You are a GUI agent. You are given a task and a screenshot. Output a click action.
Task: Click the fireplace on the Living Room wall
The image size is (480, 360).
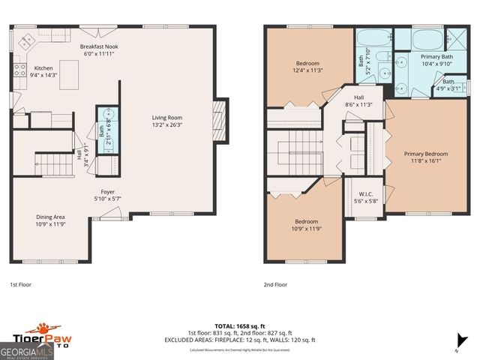(x=218, y=116)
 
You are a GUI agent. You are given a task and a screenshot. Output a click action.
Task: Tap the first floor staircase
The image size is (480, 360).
(x=53, y=162)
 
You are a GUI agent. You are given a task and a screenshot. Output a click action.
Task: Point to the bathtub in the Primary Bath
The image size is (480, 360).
(x=418, y=39)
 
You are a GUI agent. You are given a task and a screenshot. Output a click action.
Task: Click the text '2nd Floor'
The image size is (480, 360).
(x=275, y=285)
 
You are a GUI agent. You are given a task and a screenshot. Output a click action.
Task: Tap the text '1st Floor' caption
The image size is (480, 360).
(x=20, y=285)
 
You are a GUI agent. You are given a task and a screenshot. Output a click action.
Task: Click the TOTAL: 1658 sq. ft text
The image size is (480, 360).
(x=239, y=325)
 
